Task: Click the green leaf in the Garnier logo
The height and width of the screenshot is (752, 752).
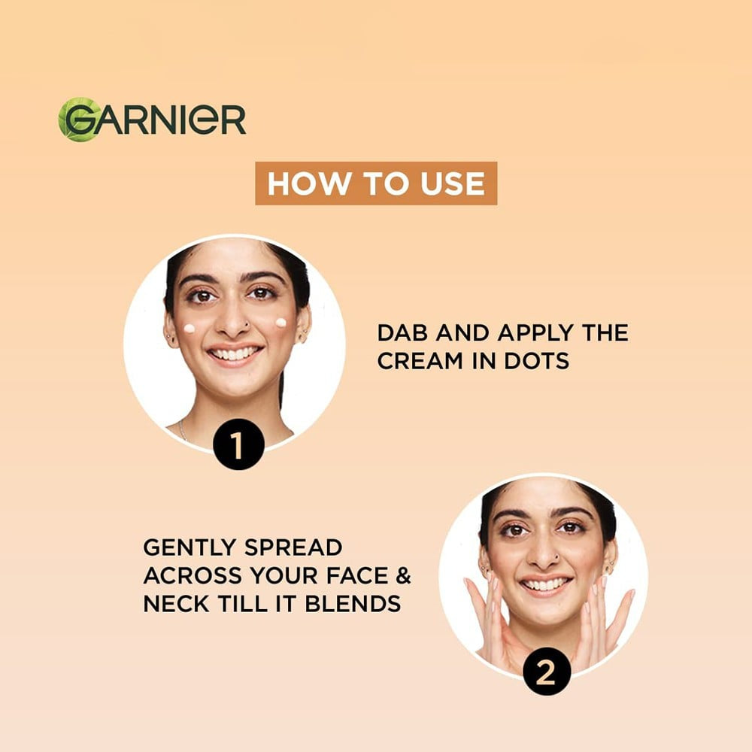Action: coord(77,119)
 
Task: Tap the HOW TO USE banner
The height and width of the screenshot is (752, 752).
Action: coord(376,183)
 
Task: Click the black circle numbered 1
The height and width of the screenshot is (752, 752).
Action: coord(238,444)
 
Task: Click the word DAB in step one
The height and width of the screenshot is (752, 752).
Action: coord(402,333)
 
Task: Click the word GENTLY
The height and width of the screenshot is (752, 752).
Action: coord(190,547)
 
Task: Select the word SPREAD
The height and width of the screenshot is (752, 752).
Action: coord(293,547)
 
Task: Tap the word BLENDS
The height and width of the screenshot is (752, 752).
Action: coord(353,604)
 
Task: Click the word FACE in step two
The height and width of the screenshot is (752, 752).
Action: coord(356,575)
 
